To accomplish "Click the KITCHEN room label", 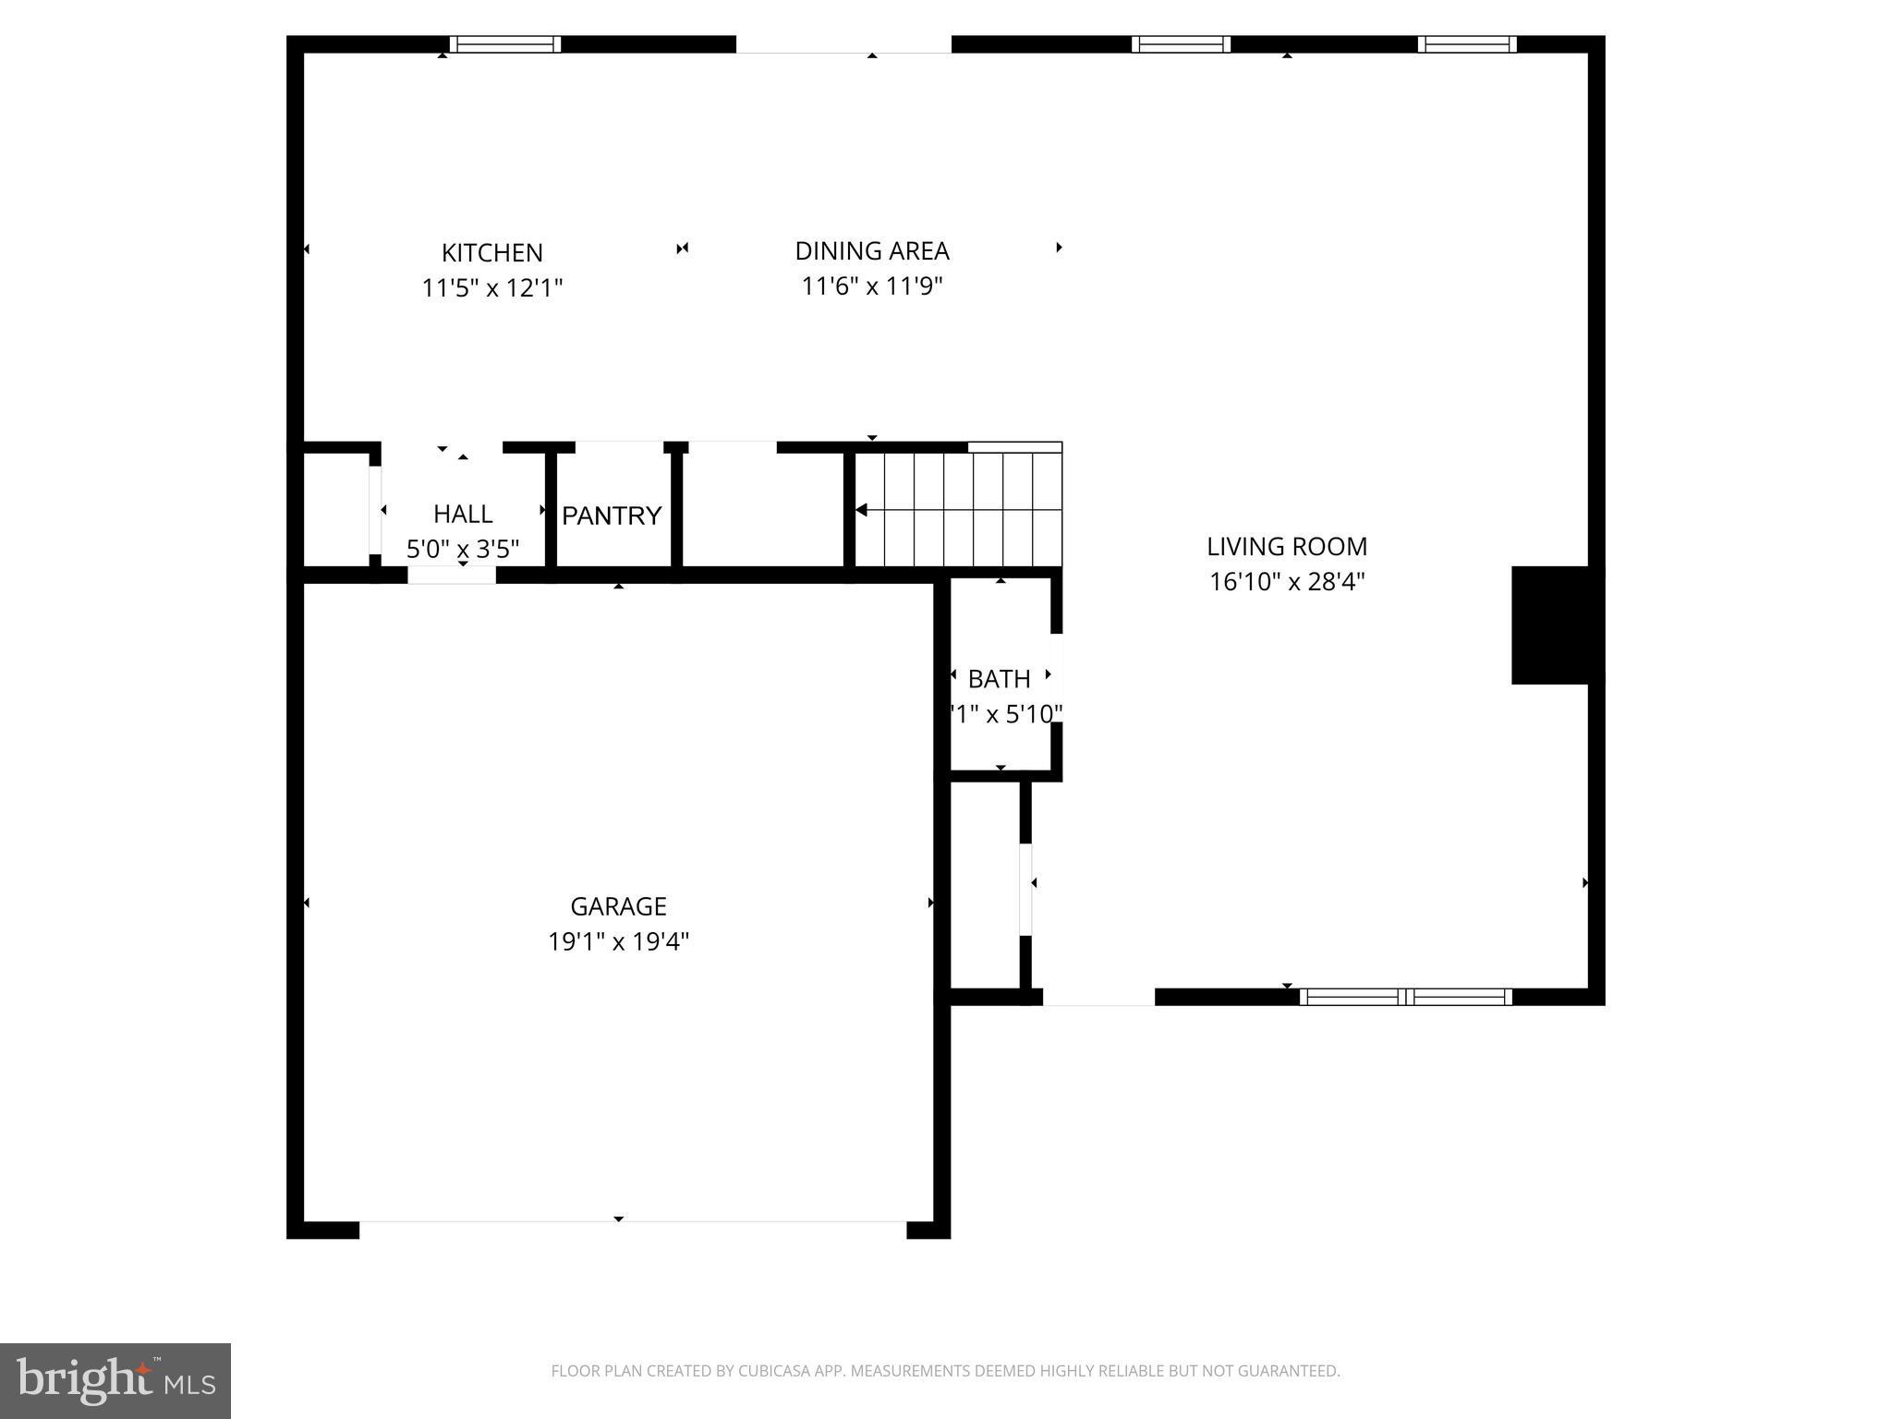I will pyautogui.click(x=491, y=252).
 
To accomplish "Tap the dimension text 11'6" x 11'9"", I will pyautogui.click(x=871, y=285).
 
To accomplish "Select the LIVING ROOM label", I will pyautogui.click(x=1286, y=546).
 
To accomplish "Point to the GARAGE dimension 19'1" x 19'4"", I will pyautogui.click(x=618, y=941).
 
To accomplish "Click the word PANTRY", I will pyautogui.click(x=612, y=515).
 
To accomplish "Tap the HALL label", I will pyautogui.click(x=463, y=514).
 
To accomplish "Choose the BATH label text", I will pyautogui.click(x=999, y=679).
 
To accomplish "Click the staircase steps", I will pyautogui.click(x=970, y=510).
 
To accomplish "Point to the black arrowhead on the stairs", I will pyautogui.click(x=861, y=510).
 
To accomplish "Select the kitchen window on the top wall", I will pyautogui.click(x=504, y=44).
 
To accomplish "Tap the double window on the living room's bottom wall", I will pyautogui.click(x=1405, y=997).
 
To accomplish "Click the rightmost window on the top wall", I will pyautogui.click(x=1466, y=44).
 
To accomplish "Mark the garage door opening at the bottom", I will pyautogui.click(x=633, y=1230).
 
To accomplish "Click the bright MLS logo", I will pyautogui.click(x=115, y=1381).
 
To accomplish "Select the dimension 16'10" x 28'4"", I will pyautogui.click(x=1286, y=582).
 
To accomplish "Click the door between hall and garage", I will pyautogui.click(x=452, y=575).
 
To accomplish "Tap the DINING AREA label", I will pyautogui.click(x=871, y=250).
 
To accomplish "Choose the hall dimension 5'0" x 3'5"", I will pyautogui.click(x=463, y=550).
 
